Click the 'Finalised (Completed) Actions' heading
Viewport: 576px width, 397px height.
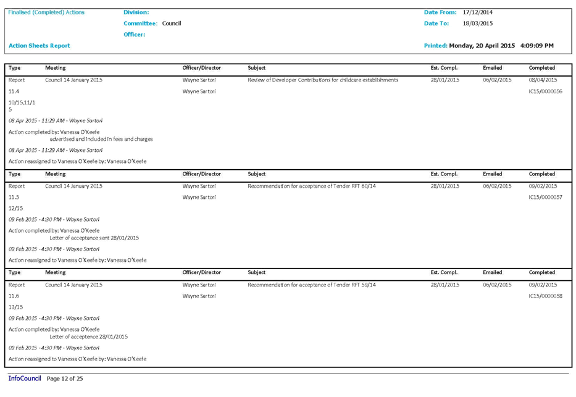[x=47, y=13]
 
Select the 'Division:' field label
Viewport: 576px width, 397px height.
[x=136, y=13]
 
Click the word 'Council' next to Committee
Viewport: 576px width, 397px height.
[x=171, y=23]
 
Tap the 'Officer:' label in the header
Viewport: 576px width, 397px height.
[x=134, y=35]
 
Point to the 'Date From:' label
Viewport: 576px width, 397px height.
[x=440, y=13]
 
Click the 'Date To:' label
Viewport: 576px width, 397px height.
[x=436, y=23]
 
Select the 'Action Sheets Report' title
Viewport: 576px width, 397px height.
[x=39, y=46]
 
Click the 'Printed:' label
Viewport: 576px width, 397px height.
[x=435, y=46]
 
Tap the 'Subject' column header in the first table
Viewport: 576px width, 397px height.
[x=256, y=68]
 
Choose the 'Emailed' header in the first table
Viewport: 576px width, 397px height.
[x=493, y=68]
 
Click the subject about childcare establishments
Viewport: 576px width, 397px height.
[x=322, y=80]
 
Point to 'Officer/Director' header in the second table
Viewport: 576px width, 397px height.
[x=201, y=174]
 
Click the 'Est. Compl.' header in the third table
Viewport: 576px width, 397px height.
[x=443, y=272]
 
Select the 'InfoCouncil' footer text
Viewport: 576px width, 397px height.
[x=24, y=378]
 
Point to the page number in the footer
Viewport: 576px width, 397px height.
[x=65, y=378]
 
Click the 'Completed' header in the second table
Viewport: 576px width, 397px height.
[x=541, y=174]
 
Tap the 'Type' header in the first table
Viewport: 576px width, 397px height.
[x=15, y=68]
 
